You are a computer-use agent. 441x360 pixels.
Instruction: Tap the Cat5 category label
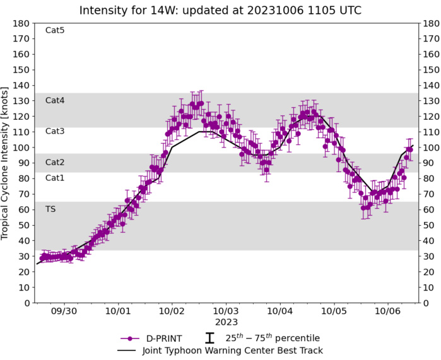point(55,30)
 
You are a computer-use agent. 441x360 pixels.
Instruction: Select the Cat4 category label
point(55,100)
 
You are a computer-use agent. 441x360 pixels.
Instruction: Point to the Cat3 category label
point(55,131)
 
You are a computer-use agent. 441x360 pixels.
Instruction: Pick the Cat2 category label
point(55,163)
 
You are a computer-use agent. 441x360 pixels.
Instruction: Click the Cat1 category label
point(55,178)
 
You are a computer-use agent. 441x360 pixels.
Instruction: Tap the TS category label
point(50,209)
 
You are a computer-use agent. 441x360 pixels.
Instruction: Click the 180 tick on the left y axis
point(23,23)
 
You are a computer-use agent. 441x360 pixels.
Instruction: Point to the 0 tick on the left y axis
point(27,303)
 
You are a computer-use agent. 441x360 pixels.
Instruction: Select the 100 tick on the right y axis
point(430,148)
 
